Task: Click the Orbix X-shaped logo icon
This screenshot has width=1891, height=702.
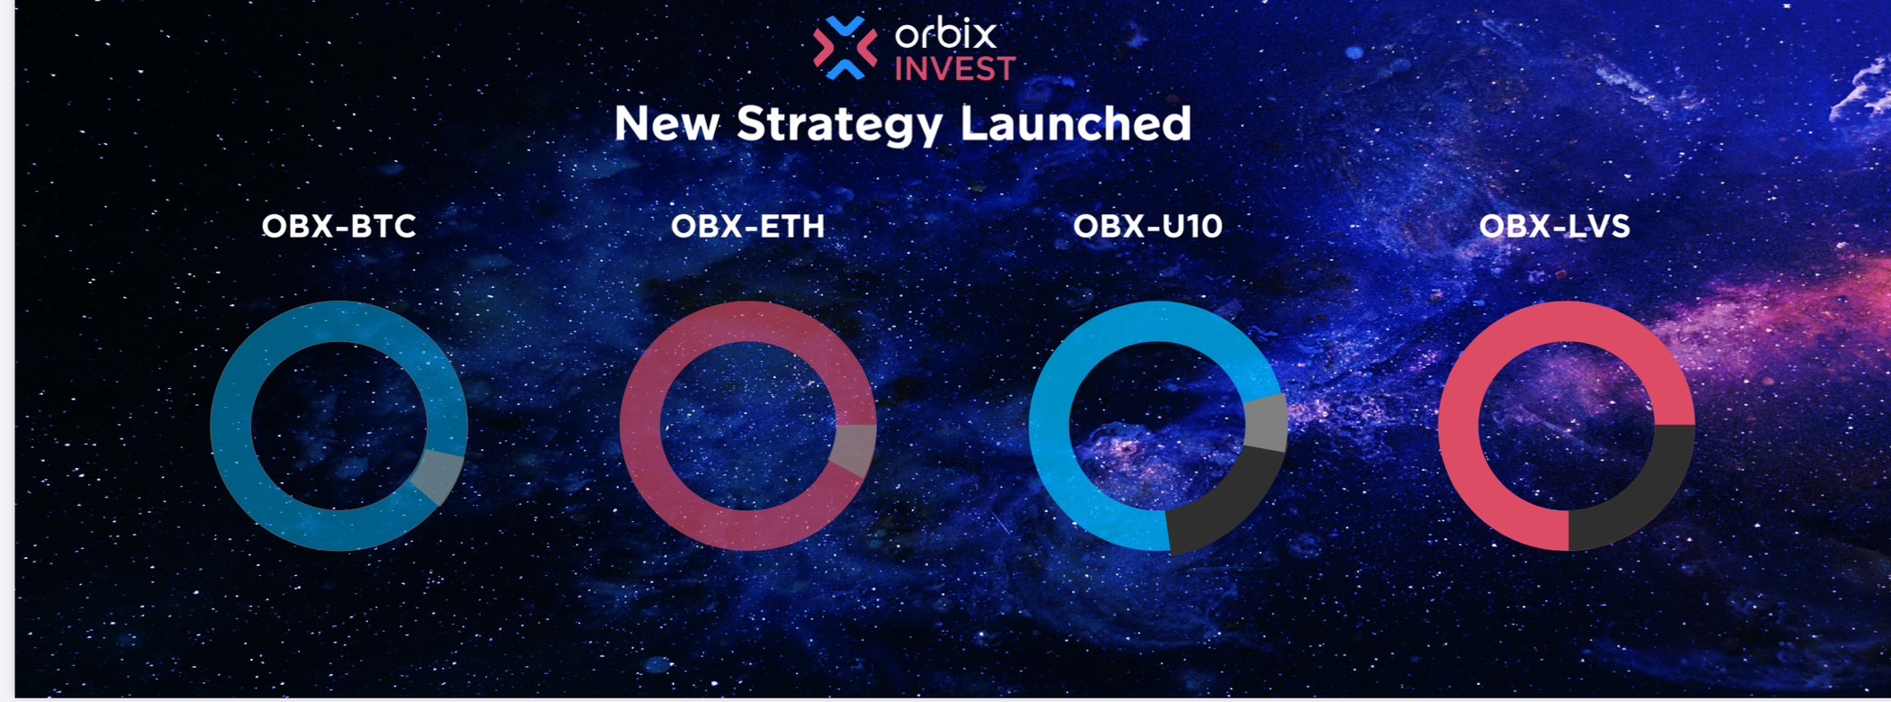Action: click(845, 48)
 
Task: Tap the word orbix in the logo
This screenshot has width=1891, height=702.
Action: click(945, 34)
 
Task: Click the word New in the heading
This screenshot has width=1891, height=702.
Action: click(666, 123)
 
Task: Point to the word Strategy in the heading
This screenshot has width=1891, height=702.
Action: click(840, 125)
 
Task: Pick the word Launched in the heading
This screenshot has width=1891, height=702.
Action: click(1076, 123)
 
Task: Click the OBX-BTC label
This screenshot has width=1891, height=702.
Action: click(339, 225)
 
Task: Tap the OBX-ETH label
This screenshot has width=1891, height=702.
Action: click(747, 225)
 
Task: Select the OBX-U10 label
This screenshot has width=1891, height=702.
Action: click(1148, 225)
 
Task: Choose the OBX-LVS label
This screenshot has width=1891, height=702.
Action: click(1555, 225)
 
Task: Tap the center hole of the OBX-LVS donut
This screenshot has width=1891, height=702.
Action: click(1567, 426)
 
